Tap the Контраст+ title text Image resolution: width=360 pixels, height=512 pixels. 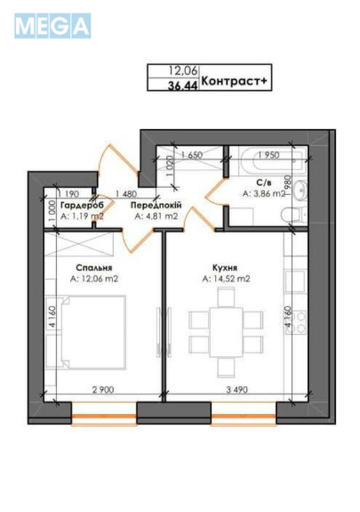228,81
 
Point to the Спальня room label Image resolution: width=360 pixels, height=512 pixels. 94,268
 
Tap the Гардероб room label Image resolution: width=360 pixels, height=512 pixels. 82,205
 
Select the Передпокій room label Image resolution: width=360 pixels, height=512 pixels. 155,205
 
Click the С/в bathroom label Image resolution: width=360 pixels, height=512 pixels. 259,184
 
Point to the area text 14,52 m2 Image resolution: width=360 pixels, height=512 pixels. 225,279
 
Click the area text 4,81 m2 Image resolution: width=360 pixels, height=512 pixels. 155,216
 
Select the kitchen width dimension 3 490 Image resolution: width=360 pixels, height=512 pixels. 233,389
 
